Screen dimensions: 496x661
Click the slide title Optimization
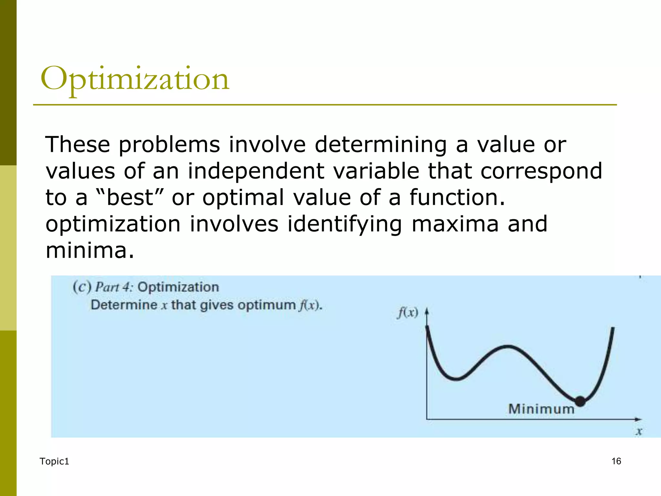coord(135,79)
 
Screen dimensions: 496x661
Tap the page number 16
coord(616,461)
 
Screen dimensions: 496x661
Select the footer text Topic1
coord(54,461)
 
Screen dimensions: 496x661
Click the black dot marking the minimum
coord(580,401)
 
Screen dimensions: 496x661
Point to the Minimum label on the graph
coord(541,409)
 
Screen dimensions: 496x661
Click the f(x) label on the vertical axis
coord(408,313)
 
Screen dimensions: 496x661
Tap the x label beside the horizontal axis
coord(639,431)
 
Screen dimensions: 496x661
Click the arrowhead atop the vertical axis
coord(427,311)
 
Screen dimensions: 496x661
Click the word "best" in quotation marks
coord(129,197)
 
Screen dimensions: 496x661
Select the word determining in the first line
coord(381,144)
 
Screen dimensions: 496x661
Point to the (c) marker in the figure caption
coord(82,287)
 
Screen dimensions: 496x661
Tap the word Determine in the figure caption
coord(124,305)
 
